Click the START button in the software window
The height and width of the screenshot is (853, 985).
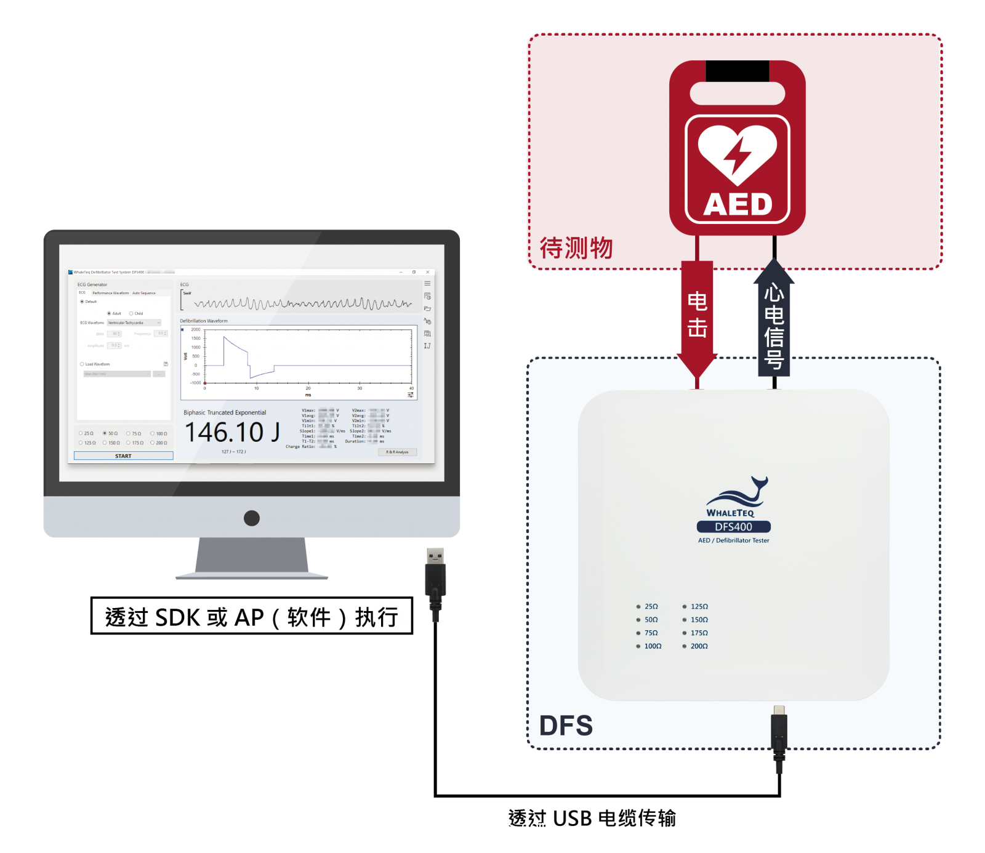pyautogui.click(x=123, y=456)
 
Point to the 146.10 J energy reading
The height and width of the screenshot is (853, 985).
pyautogui.click(x=232, y=432)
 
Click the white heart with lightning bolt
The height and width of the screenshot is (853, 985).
pyautogui.click(x=737, y=153)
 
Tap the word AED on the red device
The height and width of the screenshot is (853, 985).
pyautogui.click(x=738, y=204)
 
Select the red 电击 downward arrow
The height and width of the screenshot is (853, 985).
pyautogui.click(x=697, y=317)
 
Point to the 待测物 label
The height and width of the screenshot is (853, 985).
pyautogui.click(x=576, y=248)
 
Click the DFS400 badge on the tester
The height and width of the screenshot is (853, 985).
pyautogui.click(x=733, y=527)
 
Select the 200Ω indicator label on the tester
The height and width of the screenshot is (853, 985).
pyautogui.click(x=699, y=646)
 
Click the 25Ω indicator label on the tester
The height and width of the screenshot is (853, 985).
pyautogui.click(x=651, y=607)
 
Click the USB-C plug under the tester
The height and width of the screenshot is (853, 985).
pyautogui.click(x=779, y=732)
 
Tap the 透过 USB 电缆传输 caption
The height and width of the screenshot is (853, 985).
pyautogui.click(x=592, y=819)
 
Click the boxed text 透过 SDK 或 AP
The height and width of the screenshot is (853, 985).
pyautogui.click(x=251, y=616)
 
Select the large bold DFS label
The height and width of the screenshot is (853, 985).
pyautogui.click(x=566, y=726)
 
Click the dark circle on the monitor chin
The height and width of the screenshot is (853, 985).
pyautogui.click(x=252, y=518)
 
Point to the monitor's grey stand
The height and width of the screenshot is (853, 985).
pyautogui.click(x=252, y=557)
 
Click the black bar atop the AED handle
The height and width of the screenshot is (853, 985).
pyautogui.click(x=737, y=70)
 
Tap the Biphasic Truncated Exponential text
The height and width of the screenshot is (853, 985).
pyautogui.click(x=225, y=412)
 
